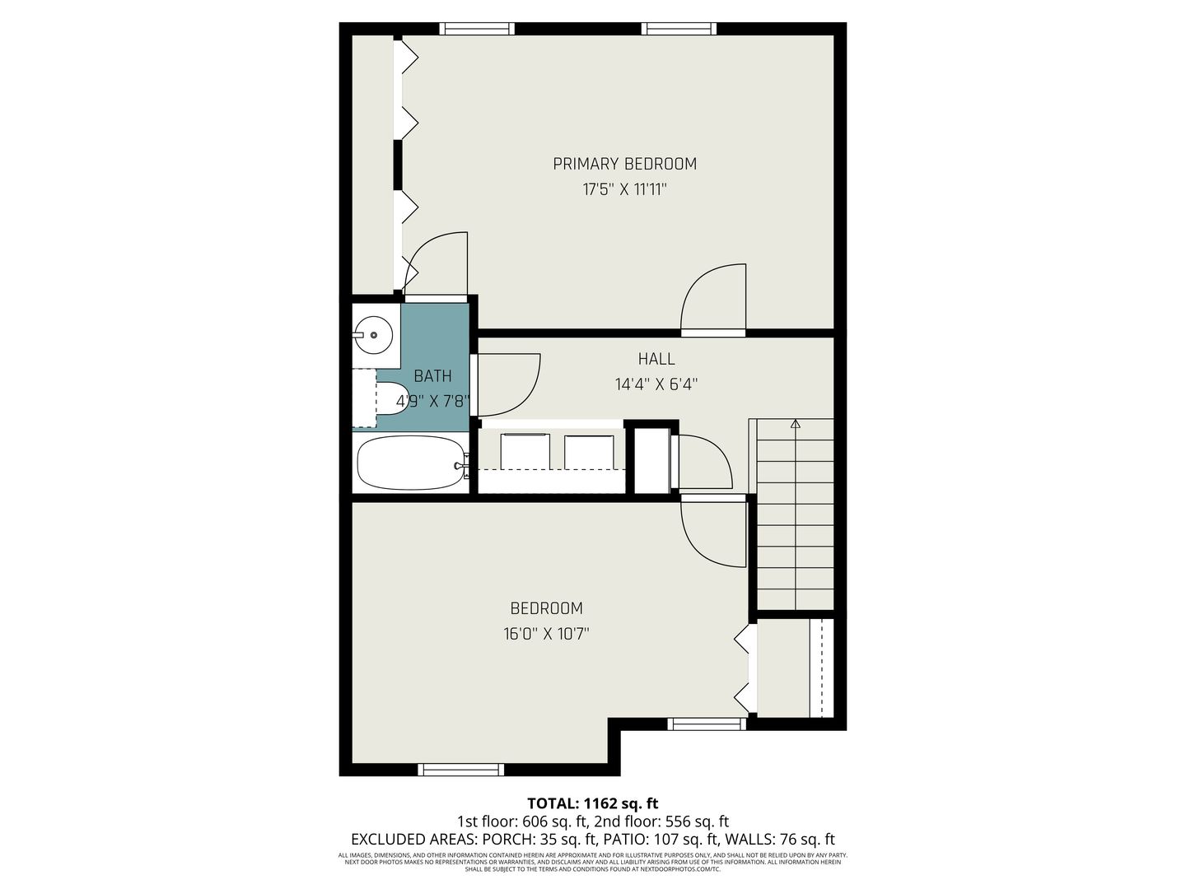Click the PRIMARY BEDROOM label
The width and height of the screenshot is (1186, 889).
(624, 164)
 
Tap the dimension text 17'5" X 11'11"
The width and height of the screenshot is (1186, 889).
(624, 189)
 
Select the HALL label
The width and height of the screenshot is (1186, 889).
(656, 358)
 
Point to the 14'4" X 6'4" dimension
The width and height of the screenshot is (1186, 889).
(656, 384)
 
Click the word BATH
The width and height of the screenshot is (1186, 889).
(432, 375)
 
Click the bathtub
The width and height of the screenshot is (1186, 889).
(413, 463)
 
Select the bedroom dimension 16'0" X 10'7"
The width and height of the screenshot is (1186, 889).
(546, 633)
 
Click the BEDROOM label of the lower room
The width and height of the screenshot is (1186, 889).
(546, 607)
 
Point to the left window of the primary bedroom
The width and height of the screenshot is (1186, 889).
(477, 29)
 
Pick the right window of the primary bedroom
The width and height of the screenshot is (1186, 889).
(679, 29)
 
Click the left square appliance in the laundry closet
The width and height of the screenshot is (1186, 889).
(525, 451)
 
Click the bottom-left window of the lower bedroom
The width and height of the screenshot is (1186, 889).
(461, 769)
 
